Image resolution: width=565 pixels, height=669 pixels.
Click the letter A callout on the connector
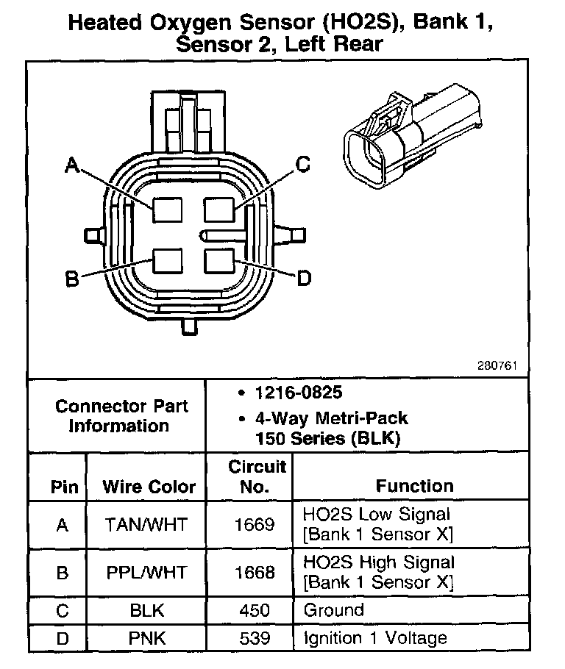[71, 167]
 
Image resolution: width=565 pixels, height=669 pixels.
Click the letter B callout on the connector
[71, 279]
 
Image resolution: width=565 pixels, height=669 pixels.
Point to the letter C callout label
[302, 165]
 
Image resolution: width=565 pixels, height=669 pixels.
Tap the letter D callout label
[303, 278]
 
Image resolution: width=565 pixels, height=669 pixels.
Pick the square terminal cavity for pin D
[219, 261]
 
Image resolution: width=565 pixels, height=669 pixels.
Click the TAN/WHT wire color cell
[146, 525]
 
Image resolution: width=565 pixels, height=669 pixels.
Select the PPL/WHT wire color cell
[146, 572]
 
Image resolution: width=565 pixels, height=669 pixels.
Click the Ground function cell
[333, 610]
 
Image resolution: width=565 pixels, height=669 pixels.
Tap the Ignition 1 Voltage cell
[375, 638]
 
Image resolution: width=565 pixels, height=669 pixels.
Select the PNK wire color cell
[146, 638]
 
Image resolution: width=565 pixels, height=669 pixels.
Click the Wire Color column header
[149, 487]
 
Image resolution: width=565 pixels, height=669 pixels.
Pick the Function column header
[415, 486]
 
